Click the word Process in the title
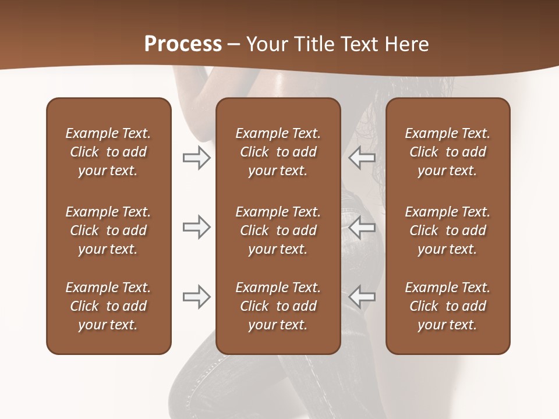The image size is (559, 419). (183, 44)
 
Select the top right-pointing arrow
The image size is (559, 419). (197, 158)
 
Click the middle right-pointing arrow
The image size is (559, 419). (197, 227)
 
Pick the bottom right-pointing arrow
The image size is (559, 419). (197, 297)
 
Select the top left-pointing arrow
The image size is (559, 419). (362, 158)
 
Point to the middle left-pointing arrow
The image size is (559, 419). (362, 227)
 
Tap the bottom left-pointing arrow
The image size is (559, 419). (362, 297)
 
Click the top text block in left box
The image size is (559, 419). (108, 152)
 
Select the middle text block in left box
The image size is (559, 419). (108, 230)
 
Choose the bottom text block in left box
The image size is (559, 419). (108, 306)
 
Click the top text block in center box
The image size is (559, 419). (278, 152)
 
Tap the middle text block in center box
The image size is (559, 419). (278, 230)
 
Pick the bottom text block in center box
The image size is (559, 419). (278, 306)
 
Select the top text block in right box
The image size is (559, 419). (448, 152)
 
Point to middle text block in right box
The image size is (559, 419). (448, 230)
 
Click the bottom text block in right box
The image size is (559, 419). (448, 306)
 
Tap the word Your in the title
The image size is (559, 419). (266, 44)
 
